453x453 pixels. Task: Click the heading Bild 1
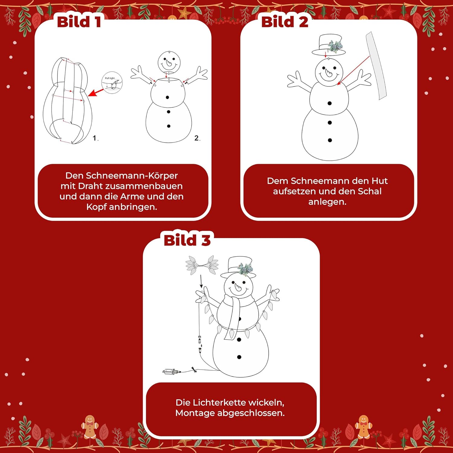point(79,22)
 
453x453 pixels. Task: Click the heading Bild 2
point(285,22)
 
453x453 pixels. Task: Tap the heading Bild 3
point(187,240)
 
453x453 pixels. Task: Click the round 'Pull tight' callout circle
point(112,82)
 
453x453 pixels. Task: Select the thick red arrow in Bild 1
point(96,92)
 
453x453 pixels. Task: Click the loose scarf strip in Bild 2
point(376,66)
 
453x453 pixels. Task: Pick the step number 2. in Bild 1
point(197,138)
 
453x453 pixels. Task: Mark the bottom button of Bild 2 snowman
point(330,140)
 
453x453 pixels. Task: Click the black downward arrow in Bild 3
point(201,281)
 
